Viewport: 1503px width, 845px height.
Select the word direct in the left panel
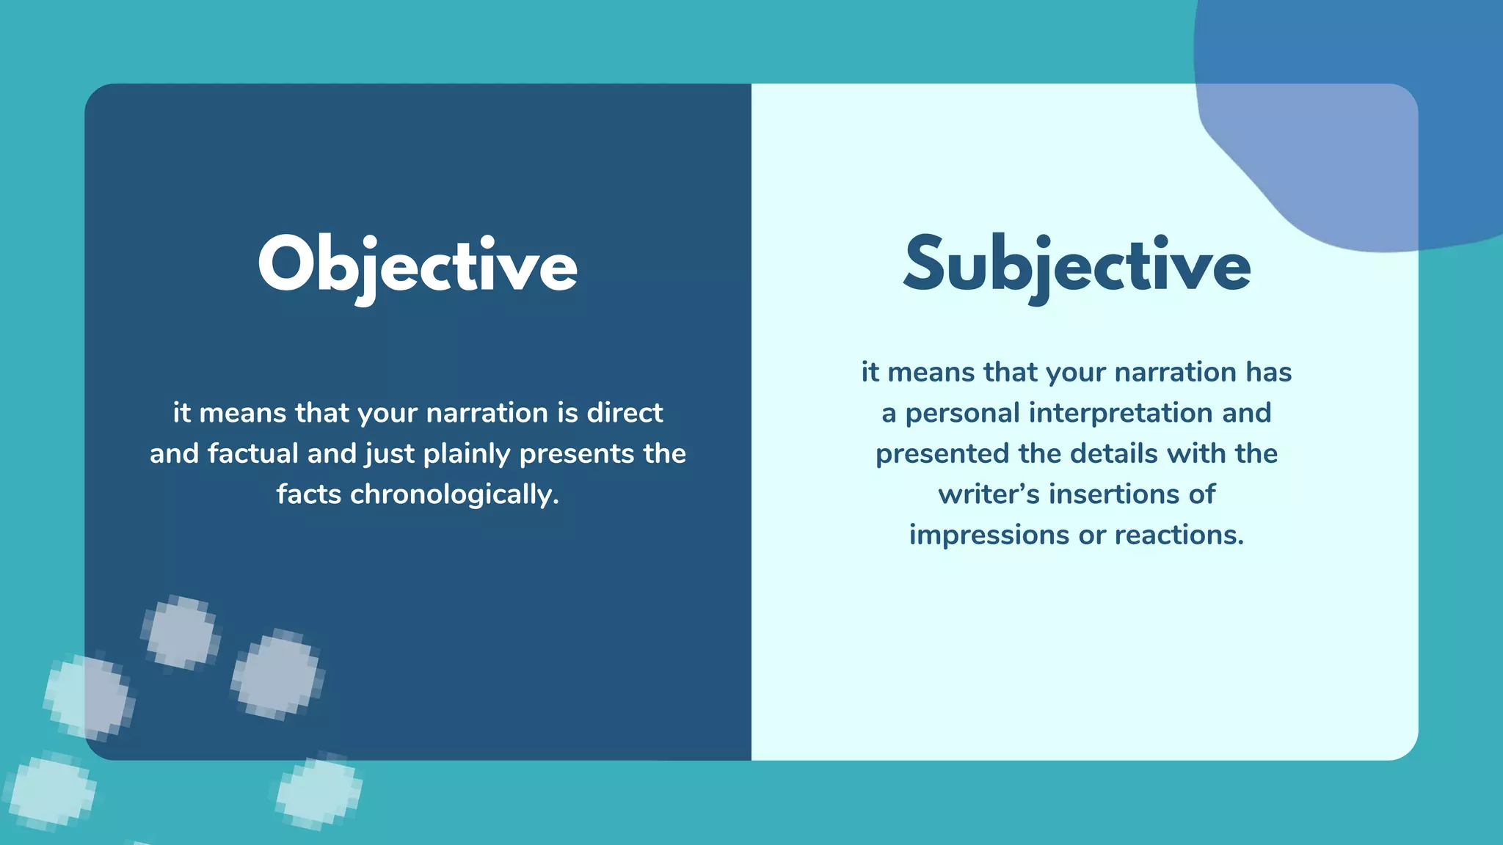pyautogui.click(x=625, y=413)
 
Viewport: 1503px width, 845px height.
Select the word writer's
pyautogui.click(x=989, y=494)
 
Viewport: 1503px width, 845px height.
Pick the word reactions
pyautogui.click(x=1179, y=535)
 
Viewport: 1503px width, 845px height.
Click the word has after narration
pyautogui.click(x=1268, y=372)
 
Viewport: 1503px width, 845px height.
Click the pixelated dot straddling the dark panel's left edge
pyautogui.click(x=88, y=697)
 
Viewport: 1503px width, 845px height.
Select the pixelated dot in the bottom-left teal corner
pyautogui.click(x=50, y=791)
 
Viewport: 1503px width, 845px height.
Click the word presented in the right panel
pyautogui.click(x=942, y=453)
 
